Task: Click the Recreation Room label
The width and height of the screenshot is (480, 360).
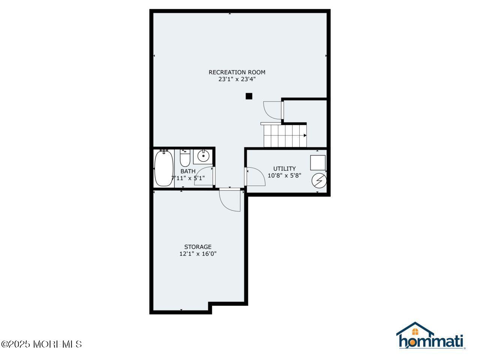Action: tap(237, 72)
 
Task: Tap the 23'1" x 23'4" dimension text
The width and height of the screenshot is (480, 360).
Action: tap(237, 79)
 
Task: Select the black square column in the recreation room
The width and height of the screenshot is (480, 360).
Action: tap(249, 96)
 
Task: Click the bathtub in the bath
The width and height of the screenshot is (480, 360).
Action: tap(164, 168)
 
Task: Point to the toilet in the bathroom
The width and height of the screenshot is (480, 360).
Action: tap(185, 158)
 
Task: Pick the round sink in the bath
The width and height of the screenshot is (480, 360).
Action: tap(203, 156)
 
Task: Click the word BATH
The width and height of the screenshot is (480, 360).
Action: tap(188, 171)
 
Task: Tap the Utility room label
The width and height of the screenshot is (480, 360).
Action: tap(284, 168)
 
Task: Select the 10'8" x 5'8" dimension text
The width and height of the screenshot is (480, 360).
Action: tap(284, 175)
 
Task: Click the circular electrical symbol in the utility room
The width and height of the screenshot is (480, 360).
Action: tap(319, 181)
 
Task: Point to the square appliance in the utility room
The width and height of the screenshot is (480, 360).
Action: tap(318, 163)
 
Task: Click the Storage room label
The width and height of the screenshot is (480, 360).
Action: tap(198, 247)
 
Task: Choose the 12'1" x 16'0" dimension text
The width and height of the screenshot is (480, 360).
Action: tap(198, 253)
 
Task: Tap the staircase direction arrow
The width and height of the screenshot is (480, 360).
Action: tap(305, 135)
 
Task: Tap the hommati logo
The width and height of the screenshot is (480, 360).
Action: tap(430, 335)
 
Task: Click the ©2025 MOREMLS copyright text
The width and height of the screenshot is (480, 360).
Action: tap(41, 344)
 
